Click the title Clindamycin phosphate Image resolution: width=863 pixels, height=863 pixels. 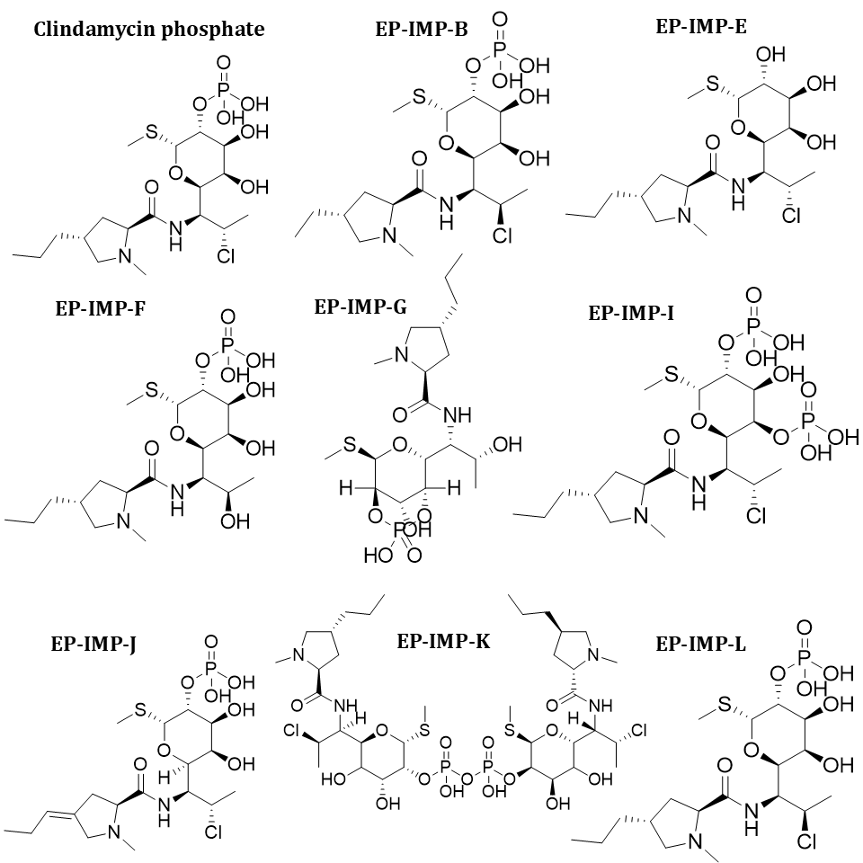[x=149, y=29]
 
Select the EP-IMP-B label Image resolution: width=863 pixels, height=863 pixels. [x=422, y=30]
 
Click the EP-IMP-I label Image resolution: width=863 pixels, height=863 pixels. [x=632, y=313]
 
